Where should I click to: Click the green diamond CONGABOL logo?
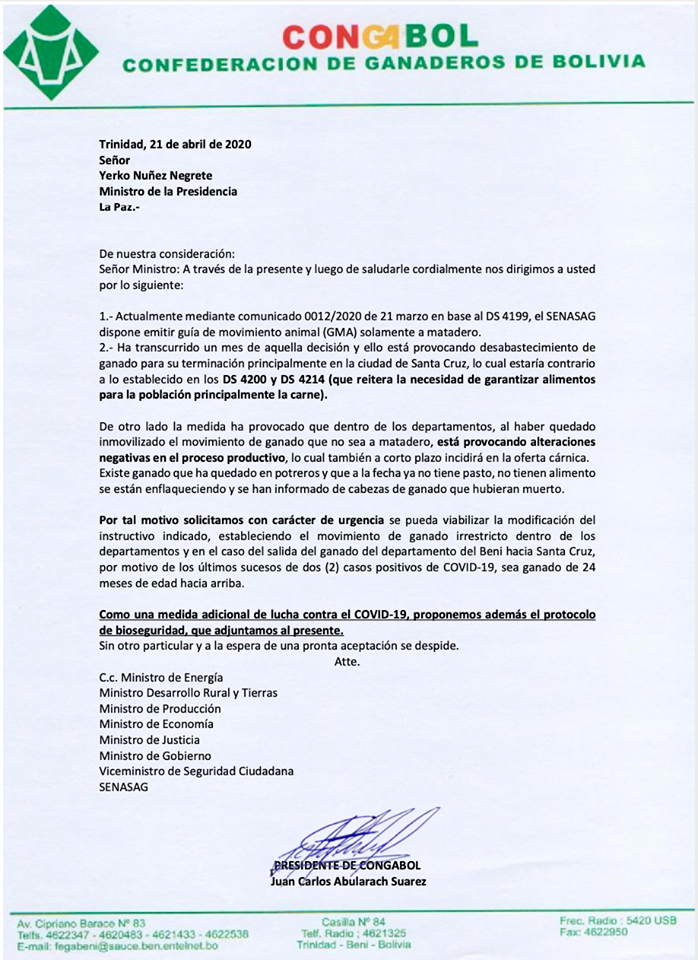pyautogui.click(x=51, y=52)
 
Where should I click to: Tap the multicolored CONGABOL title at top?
pyautogui.click(x=381, y=37)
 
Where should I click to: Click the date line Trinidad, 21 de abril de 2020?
pyautogui.click(x=175, y=144)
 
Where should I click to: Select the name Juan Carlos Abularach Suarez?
pyautogui.click(x=348, y=881)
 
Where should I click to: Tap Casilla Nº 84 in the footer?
pyautogui.click(x=353, y=921)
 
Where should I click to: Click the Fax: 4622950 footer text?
pyautogui.click(x=594, y=932)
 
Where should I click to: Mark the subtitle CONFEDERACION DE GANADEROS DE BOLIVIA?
pyautogui.click(x=383, y=62)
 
